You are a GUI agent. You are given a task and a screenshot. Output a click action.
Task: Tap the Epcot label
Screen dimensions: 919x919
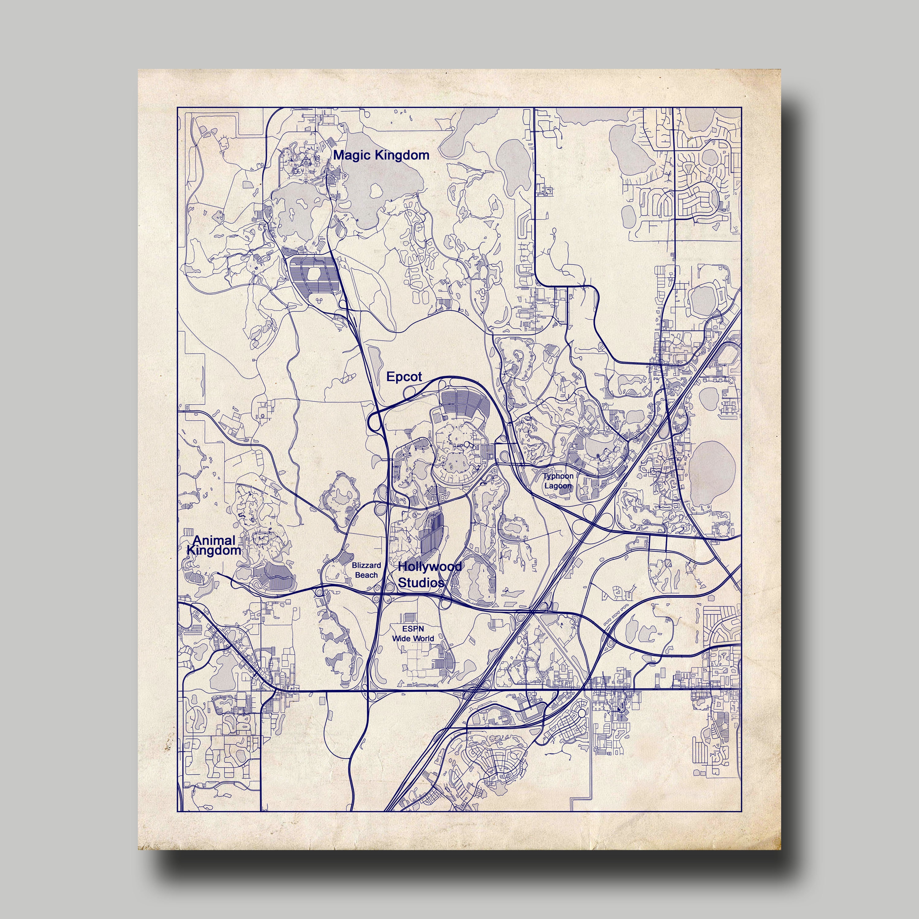pyautogui.click(x=404, y=377)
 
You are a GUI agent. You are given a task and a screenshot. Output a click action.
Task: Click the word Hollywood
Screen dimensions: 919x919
pyautogui.click(x=429, y=566)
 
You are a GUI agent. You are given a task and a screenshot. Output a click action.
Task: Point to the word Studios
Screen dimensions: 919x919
pyautogui.click(x=421, y=582)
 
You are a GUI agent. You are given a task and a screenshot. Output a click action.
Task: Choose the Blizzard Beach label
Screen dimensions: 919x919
pyautogui.click(x=366, y=570)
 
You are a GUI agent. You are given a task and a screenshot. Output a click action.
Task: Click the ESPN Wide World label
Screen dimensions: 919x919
pyautogui.click(x=413, y=633)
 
